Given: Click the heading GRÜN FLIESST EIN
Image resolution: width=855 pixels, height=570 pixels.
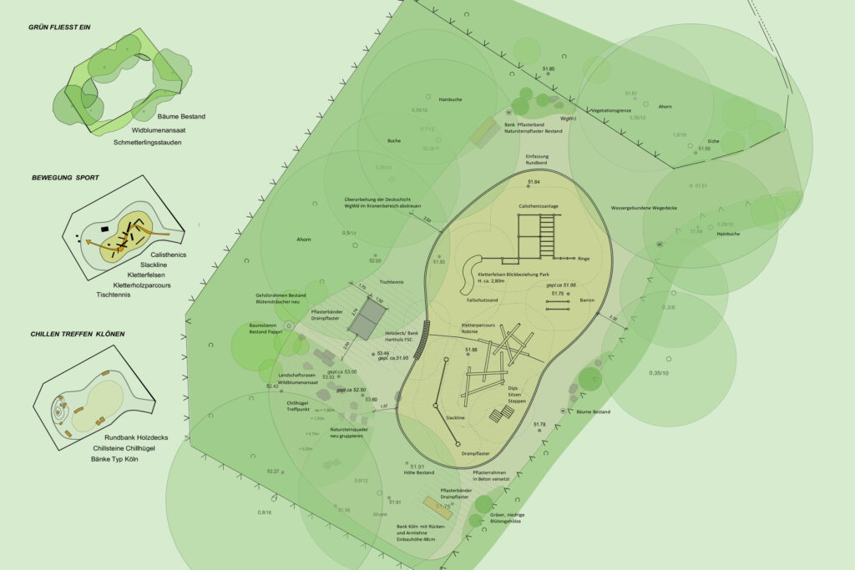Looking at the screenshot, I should [59, 28].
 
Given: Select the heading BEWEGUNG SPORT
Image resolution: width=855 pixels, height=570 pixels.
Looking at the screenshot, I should [65, 178].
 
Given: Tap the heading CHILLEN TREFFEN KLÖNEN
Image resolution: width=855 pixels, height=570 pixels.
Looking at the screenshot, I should [77, 334].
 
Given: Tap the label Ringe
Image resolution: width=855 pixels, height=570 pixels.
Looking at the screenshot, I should [584, 259].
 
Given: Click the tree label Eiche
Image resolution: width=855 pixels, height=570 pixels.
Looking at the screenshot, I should [713, 141].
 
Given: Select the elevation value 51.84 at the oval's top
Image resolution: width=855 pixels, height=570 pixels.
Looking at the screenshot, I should [534, 182].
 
